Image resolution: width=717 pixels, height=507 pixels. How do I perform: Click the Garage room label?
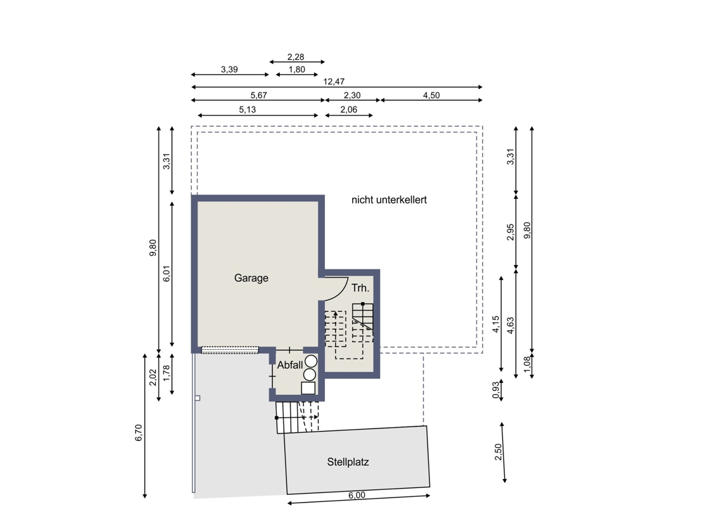coord(251,278)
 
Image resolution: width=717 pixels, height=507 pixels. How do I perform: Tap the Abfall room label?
coord(290,365)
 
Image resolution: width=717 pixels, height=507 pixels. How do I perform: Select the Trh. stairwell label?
coord(360,288)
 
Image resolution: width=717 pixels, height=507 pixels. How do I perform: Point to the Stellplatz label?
coord(348,462)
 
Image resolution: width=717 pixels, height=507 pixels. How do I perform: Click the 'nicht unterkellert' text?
coord(389,200)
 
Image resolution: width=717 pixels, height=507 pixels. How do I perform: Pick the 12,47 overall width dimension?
coord(334,82)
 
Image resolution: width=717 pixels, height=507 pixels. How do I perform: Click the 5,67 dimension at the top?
coord(258,95)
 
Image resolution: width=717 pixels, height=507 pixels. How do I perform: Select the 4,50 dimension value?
coord(431,95)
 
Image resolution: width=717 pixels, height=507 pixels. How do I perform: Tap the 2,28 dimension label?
coord(296,57)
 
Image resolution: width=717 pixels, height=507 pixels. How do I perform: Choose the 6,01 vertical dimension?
coord(167,273)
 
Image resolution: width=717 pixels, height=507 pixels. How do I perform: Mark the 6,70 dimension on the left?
coord(139,433)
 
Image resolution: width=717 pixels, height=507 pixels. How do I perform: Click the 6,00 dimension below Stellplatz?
coord(357,495)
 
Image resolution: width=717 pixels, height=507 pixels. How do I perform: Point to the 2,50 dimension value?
coord(498,452)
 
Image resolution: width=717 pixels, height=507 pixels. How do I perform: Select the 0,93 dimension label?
coord(496,390)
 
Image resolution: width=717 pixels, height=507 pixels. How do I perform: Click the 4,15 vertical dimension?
coord(496,324)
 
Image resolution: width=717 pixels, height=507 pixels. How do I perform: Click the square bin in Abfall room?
coord(308,388)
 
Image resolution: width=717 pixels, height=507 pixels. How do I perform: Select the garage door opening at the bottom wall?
coord(230,350)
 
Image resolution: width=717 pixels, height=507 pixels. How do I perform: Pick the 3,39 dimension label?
coord(229,70)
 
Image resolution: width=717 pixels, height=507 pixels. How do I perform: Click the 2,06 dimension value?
coord(348,110)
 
